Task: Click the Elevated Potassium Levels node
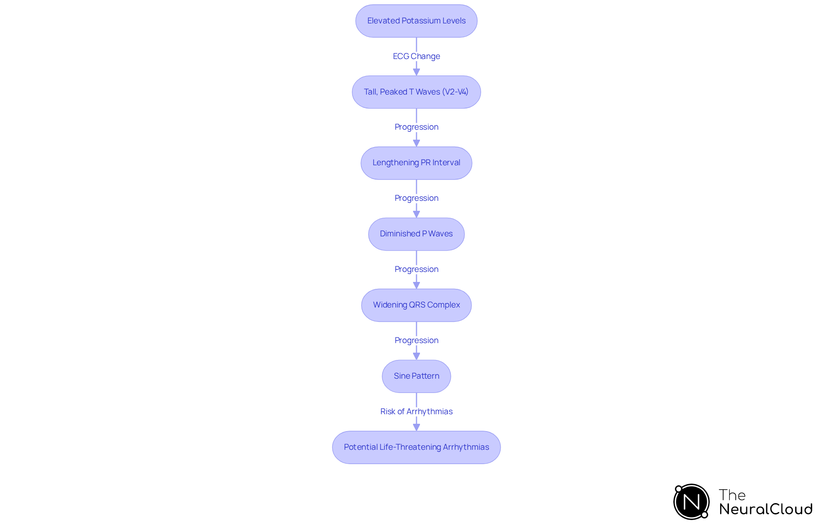pos(416,21)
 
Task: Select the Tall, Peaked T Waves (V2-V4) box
pos(416,92)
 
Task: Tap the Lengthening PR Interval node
pos(416,163)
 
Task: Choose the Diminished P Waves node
pos(416,234)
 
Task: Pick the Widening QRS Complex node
pos(416,305)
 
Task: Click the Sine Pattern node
pos(416,376)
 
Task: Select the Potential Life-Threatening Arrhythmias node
pos(416,447)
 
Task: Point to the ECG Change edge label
pos(416,56)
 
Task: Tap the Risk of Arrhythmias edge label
pos(416,411)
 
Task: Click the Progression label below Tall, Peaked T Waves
pos(416,127)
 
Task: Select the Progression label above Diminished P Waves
pos(416,198)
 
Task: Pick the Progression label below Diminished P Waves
pos(416,269)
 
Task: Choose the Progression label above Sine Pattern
pos(416,340)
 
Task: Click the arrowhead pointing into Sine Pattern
pos(416,356)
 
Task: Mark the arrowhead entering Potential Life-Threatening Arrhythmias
pos(416,427)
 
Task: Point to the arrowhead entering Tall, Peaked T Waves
pos(416,72)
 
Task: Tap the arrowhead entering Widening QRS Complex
pos(416,285)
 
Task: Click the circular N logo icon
pos(691,502)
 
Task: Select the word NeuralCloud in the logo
pos(766,509)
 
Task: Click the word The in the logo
pos(732,495)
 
